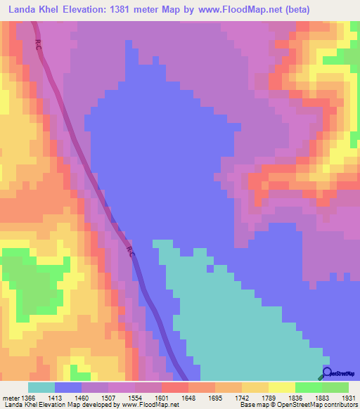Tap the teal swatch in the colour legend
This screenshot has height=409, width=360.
click(x=41, y=387)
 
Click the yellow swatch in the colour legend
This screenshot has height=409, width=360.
click(x=281, y=387)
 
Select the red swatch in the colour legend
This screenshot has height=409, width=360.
click(x=174, y=387)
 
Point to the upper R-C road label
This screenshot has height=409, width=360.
click(x=37, y=44)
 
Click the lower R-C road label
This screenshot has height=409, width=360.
click(x=131, y=250)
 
